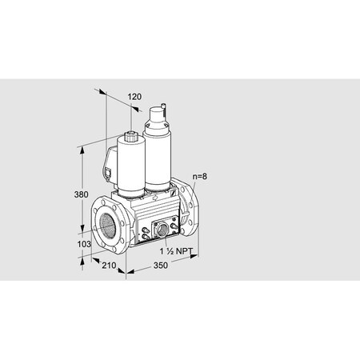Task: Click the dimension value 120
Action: pos(134,97)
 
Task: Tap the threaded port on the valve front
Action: pos(163,229)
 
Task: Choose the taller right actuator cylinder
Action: pos(158,156)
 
